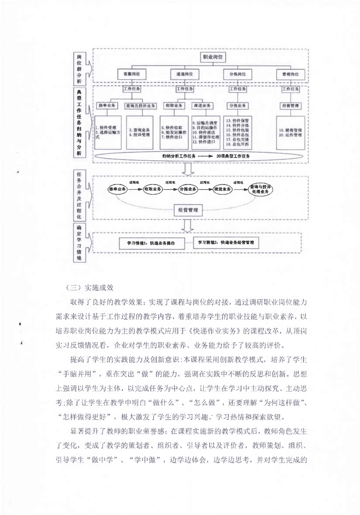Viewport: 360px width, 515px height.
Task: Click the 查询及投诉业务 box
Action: [x=141, y=106]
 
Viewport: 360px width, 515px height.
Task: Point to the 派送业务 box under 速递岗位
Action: [x=202, y=105]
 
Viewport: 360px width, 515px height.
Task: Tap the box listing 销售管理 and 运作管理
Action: [x=291, y=132]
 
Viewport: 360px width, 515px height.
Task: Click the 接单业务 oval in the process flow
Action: [x=118, y=188]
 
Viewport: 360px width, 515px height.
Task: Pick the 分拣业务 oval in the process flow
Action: [x=188, y=188]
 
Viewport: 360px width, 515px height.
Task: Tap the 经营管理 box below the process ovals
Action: [x=188, y=211]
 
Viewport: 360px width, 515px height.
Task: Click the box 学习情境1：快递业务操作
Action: [x=152, y=243]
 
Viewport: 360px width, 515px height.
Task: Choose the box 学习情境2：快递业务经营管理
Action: [x=226, y=243]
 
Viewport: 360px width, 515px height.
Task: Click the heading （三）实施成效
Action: [x=89, y=287]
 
